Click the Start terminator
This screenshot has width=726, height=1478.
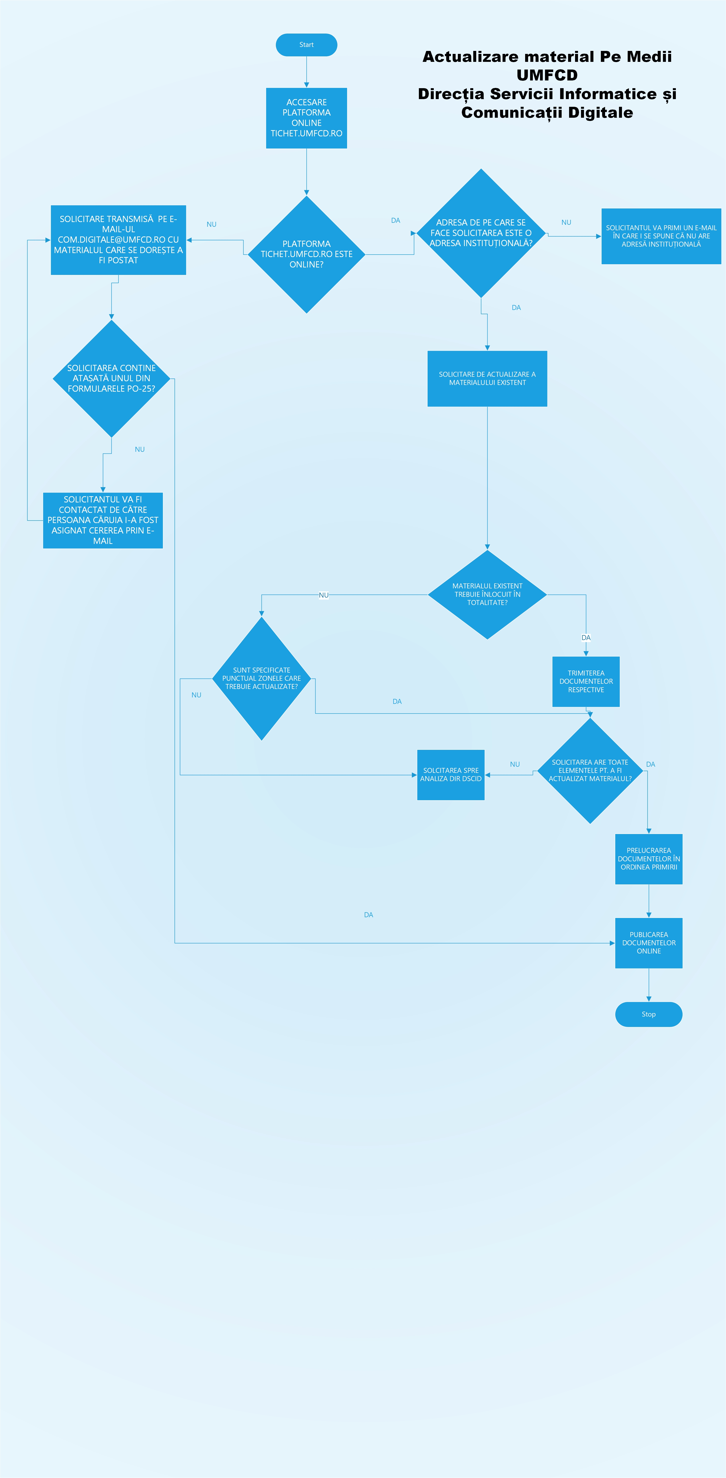pos(306,45)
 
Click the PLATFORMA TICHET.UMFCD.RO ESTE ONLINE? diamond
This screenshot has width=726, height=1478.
pos(306,254)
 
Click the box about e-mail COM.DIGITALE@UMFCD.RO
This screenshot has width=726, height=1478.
pos(118,240)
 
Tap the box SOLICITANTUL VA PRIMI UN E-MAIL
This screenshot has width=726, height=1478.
pos(661,236)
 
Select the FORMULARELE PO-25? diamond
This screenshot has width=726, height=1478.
pos(111,378)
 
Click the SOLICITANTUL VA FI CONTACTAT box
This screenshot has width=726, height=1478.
pos(103,520)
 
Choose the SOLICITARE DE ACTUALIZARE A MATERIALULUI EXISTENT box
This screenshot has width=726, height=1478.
pos(487,378)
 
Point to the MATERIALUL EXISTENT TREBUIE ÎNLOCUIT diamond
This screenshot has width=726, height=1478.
pos(487,594)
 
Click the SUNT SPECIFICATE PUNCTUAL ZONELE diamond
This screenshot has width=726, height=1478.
pos(261,678)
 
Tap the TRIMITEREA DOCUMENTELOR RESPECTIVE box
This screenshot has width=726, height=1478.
pos(585,681)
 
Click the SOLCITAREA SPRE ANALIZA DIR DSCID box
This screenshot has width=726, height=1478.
pos(451,775)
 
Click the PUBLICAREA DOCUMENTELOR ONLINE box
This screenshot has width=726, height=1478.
pos(649,943)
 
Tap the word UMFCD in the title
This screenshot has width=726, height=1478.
pos(547,75)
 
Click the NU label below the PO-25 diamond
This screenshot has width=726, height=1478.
pos(139,449)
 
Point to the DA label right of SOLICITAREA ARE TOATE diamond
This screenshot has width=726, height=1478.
pos(650,764)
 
